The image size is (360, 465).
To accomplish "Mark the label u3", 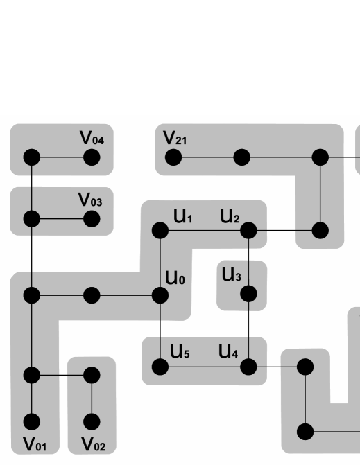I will coord(231,276).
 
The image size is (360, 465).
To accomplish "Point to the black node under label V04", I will coord(91,157).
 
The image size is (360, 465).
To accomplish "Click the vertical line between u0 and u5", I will coord(160,330).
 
